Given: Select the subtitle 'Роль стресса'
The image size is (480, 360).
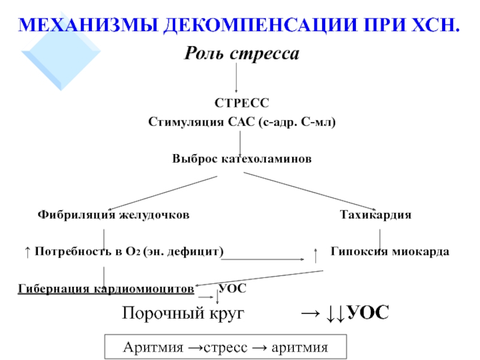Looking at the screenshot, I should pyautogui.click(x=241, y=55).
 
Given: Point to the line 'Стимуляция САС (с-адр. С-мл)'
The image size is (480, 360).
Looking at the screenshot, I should pyautogui.click(x=242, y=122).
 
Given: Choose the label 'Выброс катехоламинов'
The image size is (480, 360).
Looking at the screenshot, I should pyautogui.click(x=242, y=160).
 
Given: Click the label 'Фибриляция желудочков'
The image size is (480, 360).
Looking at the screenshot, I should pyautogui.click(x=114, y=214).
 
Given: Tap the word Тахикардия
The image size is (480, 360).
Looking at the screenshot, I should pyautogui.click(x=376, y=214).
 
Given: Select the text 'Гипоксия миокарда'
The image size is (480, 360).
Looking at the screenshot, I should pyautogui.click(x=390, y=252).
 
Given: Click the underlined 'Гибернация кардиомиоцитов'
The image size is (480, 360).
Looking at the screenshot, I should pyautogui.click(x=106, y=289).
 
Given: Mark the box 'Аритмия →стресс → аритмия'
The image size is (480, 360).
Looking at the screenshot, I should pyautogui.click(x=225, y=347).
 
